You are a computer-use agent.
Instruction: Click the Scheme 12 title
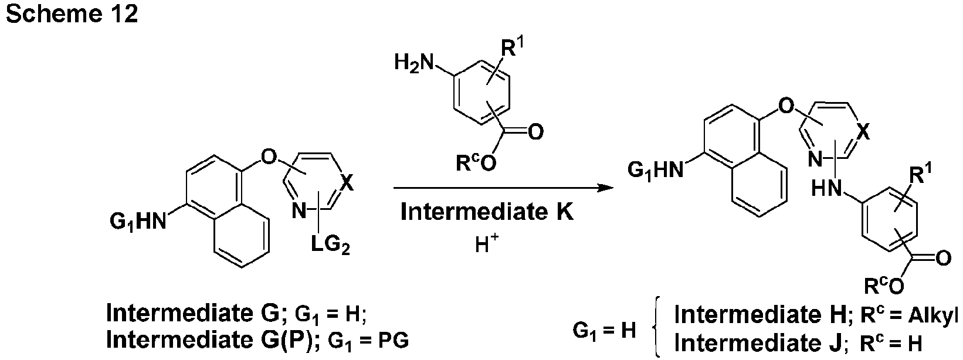(x=72, y=13)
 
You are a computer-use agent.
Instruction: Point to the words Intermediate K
(x=487, y=212)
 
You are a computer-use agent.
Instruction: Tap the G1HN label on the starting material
(x=138, y=222)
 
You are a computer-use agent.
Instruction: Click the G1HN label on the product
(x=656, y=170)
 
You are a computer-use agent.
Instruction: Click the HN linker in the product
(x=826, y=188)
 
